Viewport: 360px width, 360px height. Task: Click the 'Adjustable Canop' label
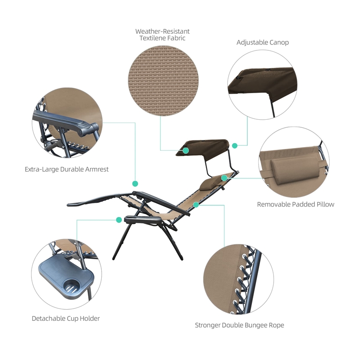tap(263, 42)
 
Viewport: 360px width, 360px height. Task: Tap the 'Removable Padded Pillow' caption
tap(296, 204)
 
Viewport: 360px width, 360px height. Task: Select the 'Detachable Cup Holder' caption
tap(66, 319)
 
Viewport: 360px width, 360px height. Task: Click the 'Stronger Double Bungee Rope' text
tap(239, 325)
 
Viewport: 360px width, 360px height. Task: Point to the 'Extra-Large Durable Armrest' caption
tap(67, 169)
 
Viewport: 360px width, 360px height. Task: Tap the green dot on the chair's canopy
tap(186, 151)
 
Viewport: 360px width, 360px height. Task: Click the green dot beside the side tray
tap(119, 220)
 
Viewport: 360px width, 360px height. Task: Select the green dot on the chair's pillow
tap(224, 178)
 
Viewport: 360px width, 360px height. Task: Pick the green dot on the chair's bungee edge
tap(196, 205)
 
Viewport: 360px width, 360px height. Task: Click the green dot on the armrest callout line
tap(135, 184)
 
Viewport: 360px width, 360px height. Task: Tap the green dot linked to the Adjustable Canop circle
tap(234, 145)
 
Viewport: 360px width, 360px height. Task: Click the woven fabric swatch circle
tap(163, 81)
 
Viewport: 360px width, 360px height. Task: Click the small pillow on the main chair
tap(208, 184)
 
